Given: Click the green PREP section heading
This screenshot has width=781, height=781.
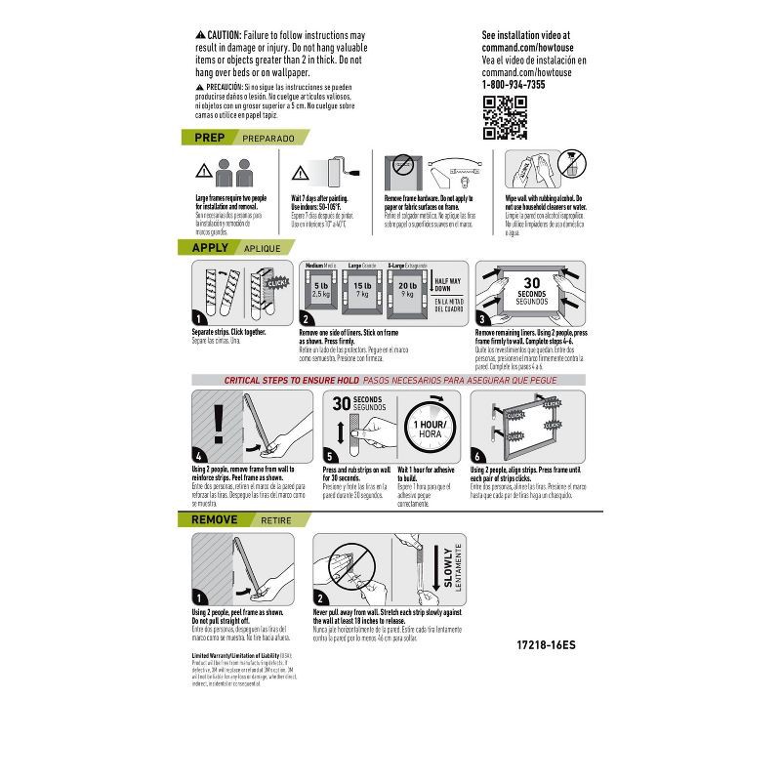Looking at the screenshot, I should tap(210, 139).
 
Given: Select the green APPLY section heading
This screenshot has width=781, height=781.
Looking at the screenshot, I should tap(211, 248).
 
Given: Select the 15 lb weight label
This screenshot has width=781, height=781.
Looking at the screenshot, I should tap(361, 285).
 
